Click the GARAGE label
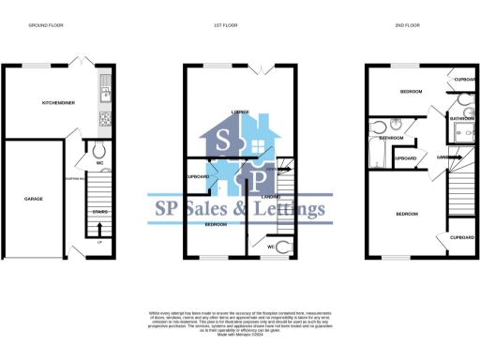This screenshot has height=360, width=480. click(x=35, y=199)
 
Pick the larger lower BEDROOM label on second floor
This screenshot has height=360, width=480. click(x=407, y=215)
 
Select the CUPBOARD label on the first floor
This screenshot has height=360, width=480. click(x=198, y=177)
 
